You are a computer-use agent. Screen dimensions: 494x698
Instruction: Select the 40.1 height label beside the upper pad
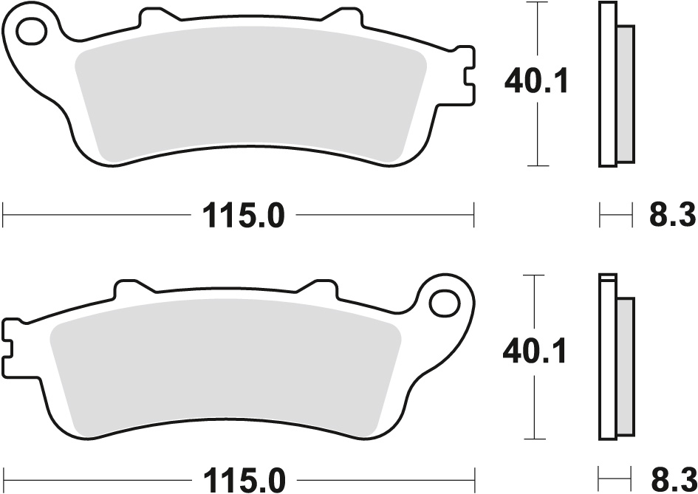click(536, 82)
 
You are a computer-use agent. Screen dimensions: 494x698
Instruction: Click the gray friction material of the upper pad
click(251, 96)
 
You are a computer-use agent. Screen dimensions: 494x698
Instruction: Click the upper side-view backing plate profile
click(606, 83)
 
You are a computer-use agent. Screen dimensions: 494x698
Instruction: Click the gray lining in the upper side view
click(625, 94)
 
